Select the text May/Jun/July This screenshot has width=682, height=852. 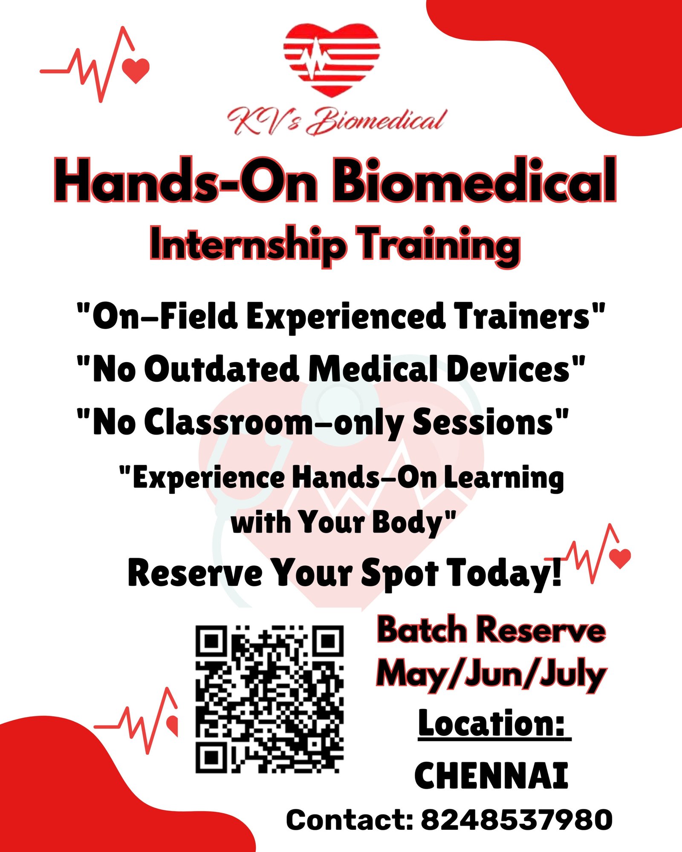[491, 675]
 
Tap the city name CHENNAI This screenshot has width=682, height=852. [491, 775]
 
